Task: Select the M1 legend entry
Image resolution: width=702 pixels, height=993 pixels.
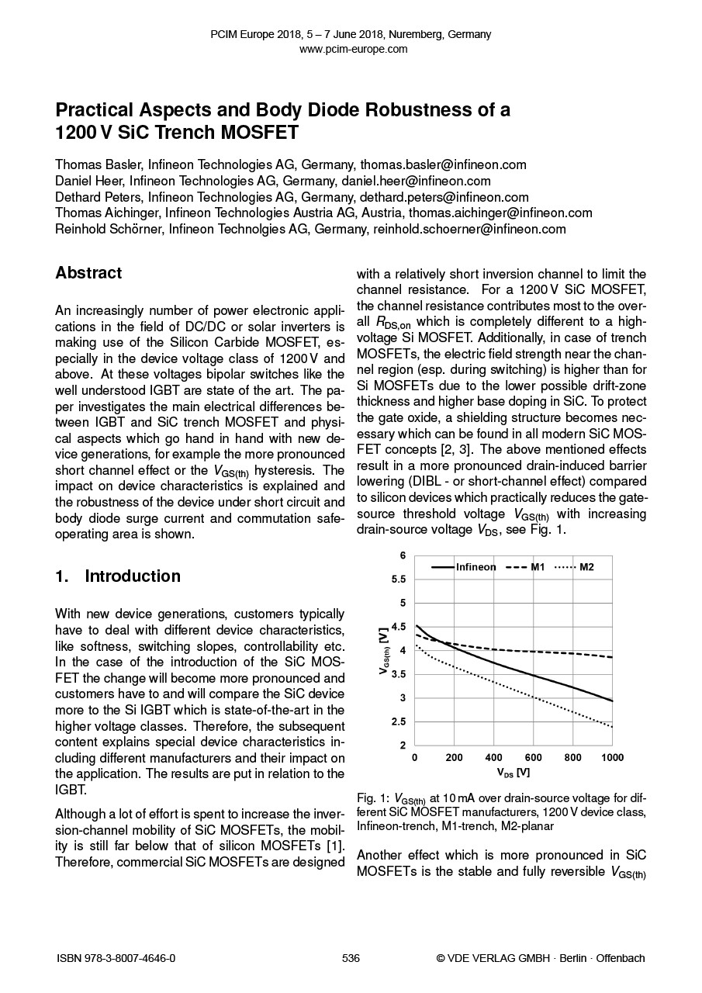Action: (538, 567)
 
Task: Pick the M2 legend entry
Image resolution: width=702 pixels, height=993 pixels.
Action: (586, 567)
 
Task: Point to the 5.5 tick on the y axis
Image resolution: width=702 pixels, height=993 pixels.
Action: (399, 580)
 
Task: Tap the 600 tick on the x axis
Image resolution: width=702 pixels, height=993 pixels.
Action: (534, 757)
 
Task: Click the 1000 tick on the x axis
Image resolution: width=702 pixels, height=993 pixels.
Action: (612, 757)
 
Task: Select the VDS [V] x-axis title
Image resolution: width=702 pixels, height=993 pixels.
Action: (514, 773)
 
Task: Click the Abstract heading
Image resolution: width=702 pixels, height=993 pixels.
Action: (88, 273)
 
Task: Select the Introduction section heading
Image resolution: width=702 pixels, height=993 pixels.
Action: (132, 576)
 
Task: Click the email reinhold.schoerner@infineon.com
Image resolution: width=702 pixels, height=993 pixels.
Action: (469, 229)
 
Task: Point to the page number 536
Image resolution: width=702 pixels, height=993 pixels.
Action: (351, 958)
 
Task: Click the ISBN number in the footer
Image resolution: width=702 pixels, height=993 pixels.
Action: (116, 958)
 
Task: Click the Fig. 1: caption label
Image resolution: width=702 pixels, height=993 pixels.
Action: (374, 798)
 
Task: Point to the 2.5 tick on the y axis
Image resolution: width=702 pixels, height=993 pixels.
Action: (399, 722)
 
